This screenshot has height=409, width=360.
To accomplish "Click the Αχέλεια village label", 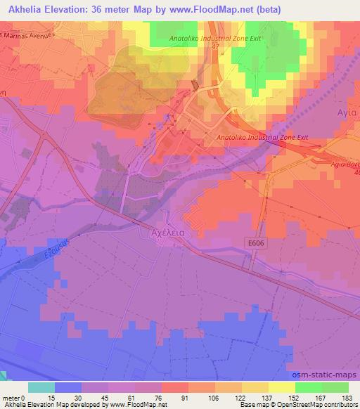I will coord(168,229).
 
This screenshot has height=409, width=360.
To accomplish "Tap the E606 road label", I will coord(257,242).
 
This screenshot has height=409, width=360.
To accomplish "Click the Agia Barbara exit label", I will coord(345,164).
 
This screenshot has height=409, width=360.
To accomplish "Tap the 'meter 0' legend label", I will coord(14,398).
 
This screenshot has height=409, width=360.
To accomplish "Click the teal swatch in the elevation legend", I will coord(41,388).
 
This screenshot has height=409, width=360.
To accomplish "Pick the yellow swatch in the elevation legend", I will coord(282,388).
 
